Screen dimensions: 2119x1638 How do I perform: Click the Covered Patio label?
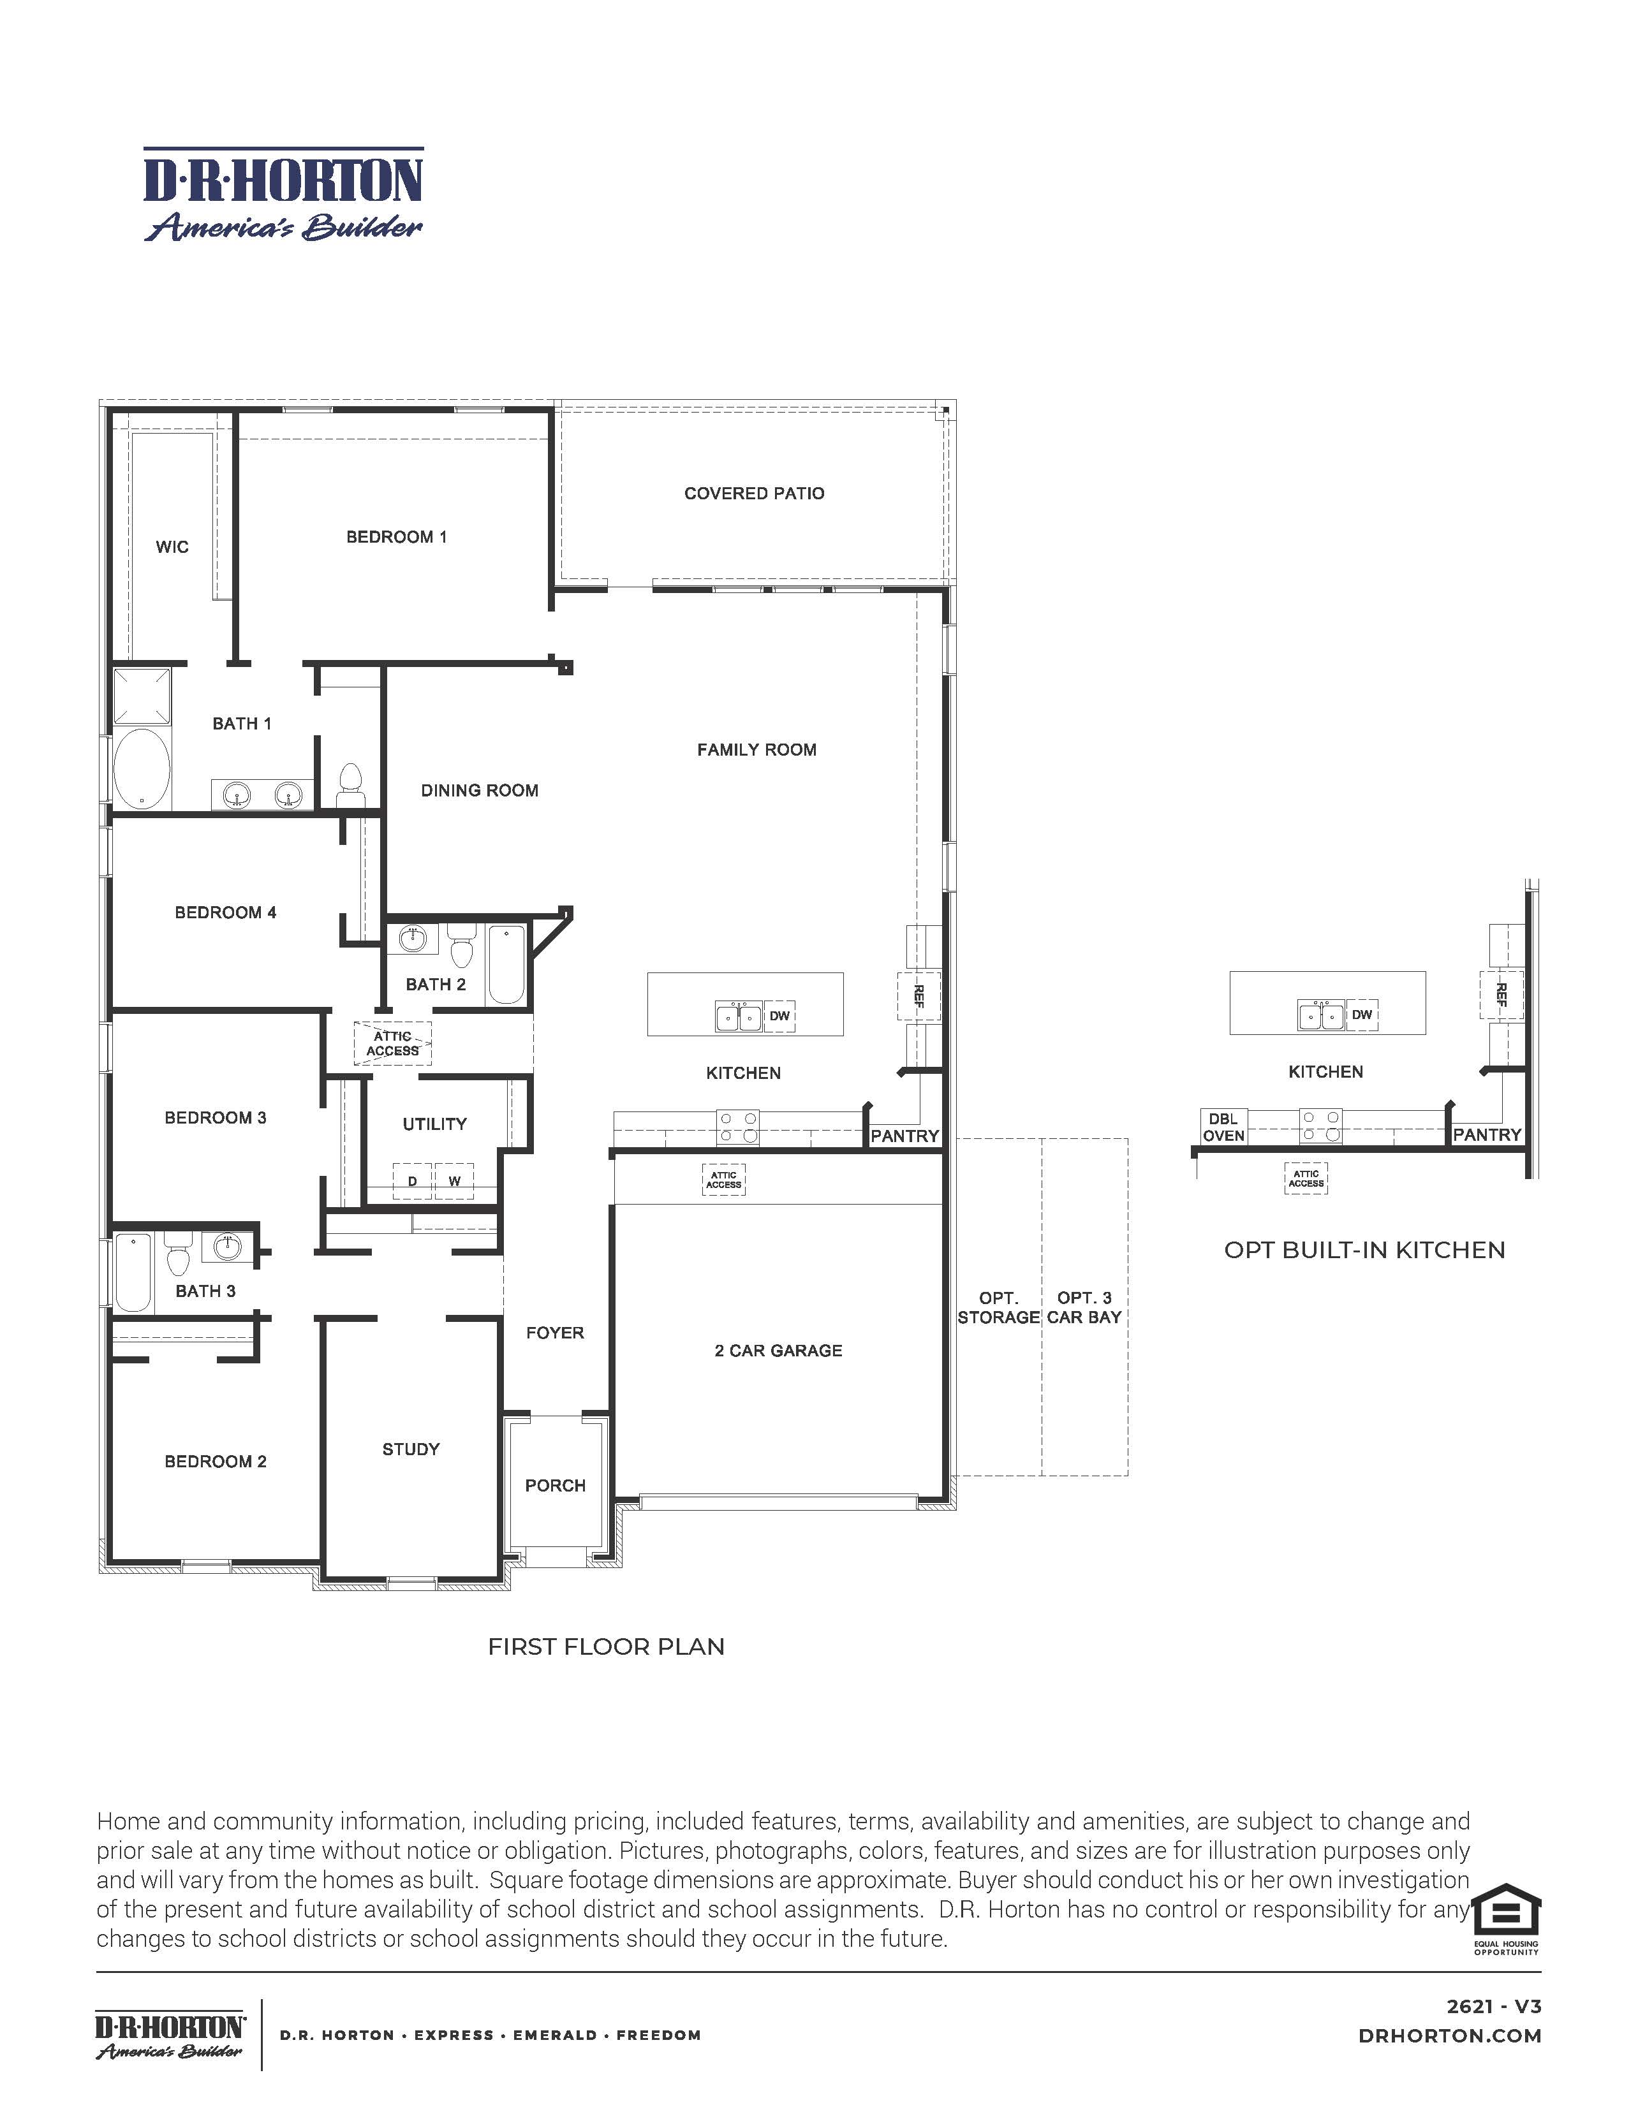pyautogui.click(x=754, y=493)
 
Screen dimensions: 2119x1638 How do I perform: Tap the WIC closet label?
pyautogui.click(x=172, y=547)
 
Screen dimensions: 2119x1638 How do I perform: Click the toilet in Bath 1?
pyautogui.click(x=350, y=783)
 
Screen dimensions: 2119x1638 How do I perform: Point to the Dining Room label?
pyautogui.click(x=480, y=791)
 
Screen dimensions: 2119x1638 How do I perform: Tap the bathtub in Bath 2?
pyautogui.click(x=506, y=965)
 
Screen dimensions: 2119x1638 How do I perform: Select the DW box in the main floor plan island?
pyautogui.click(x=779, y=1016)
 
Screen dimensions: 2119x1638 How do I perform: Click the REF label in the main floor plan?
pyautogui.click(x=918, y=995)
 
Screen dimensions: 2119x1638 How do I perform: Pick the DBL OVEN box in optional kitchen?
pyautogui.click(x=1223, y=1127)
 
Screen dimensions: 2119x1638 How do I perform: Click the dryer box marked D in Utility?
pyautogui.click(x=413, y=1181)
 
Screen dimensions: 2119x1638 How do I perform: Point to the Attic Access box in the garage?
pyautogui.click(x=724, y=1180)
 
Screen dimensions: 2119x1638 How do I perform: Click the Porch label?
pyautogui.click(x=555, y=1485)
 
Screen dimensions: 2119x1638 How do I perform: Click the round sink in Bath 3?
pyautogui.click(x=227, y=1247)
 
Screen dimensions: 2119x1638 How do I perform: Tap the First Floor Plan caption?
pyautogui.click(x=605, y=1646)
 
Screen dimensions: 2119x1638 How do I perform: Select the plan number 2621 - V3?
pyautogui.click(x=1493, y=2007)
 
